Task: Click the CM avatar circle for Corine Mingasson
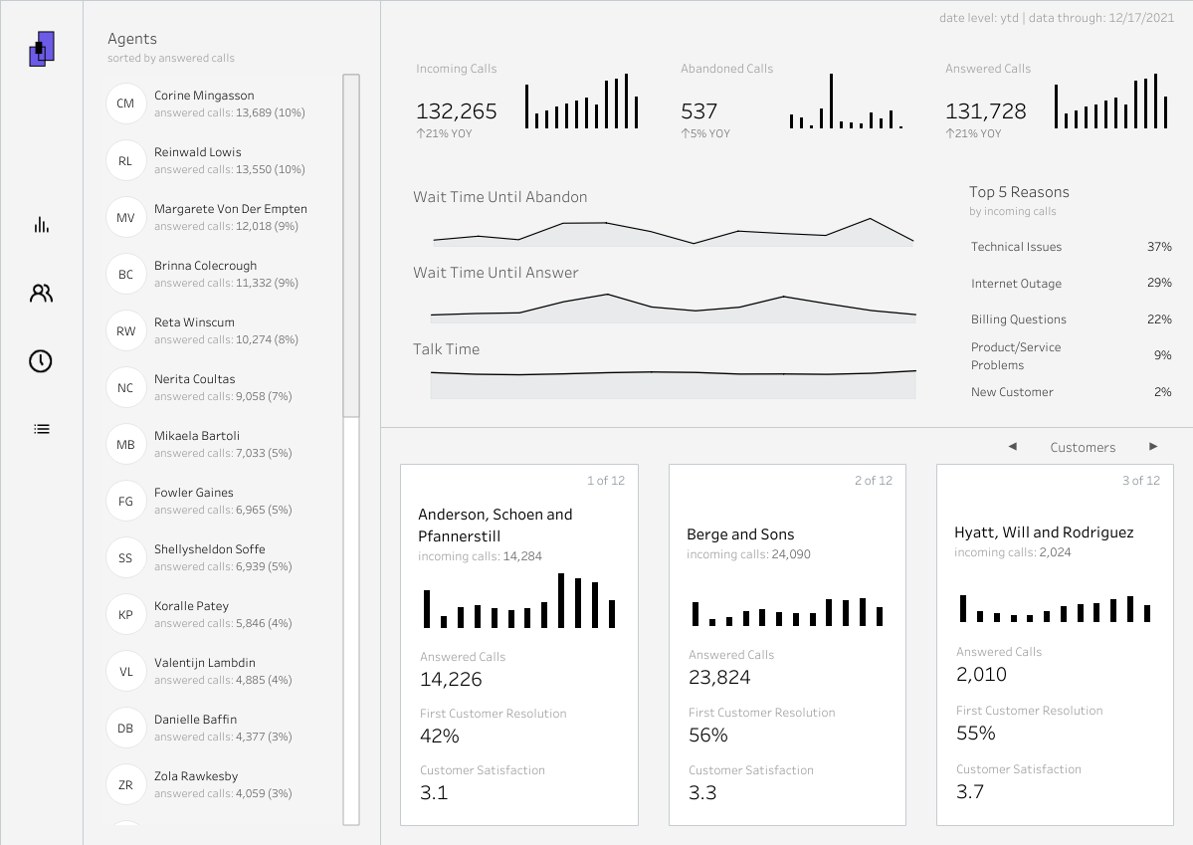click(125, 104)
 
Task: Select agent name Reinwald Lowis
click(197, 152)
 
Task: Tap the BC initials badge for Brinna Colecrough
click(125, 274)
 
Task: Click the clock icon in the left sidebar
click(41, 361)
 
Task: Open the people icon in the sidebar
click(41, 294)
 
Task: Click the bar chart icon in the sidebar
click(41, 225)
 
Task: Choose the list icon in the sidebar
click(41, 429)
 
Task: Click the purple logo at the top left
click(42, 49)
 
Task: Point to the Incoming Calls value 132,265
click(456, 111)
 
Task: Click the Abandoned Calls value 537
click(699, 111)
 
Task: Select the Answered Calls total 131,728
click(985, 111)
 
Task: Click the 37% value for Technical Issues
click(1159, 247)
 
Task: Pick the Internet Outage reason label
click(1016, 284)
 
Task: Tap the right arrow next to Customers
click(1153, 447)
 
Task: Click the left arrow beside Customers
click(1013, 447)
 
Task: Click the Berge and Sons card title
click(740, 534)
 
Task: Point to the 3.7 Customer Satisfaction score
click(970, 791)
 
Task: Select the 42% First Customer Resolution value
click(439, 737)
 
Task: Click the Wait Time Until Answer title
click(496, 273)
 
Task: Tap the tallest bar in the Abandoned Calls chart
click(832, 102)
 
